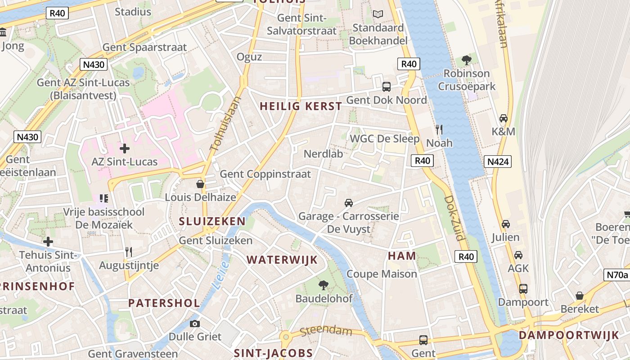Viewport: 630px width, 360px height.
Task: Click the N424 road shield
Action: coord(498,162)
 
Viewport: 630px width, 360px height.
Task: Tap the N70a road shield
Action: coord(616,274)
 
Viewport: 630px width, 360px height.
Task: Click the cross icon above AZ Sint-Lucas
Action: coord(125,148)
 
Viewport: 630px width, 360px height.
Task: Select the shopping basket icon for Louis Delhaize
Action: coord(200,184)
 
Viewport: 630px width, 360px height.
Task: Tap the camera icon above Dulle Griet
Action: coord(195,324)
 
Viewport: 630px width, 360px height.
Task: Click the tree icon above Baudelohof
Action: coord(323,284)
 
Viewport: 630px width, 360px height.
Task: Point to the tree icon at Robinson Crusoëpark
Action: coord(467,60)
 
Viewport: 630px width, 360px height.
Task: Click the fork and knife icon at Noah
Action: coord(439,130)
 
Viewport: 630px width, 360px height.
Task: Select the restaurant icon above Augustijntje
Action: coord(129,252)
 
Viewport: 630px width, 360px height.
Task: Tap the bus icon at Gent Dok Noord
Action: coord(387,87)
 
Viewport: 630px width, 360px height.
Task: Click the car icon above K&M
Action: coord(504,118)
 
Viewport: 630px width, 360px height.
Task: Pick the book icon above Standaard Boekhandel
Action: coord(378,14)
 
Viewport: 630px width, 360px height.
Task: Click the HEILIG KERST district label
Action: coord(301,107)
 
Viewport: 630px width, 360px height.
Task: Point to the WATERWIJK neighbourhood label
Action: coord(282,260)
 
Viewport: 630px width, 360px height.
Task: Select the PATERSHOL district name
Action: coord(164,303)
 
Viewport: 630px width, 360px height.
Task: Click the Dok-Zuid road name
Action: coord(454,218)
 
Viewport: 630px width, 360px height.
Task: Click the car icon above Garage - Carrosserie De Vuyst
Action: coord(348,203)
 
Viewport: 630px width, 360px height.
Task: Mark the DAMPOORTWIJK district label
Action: coord(569,335)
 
